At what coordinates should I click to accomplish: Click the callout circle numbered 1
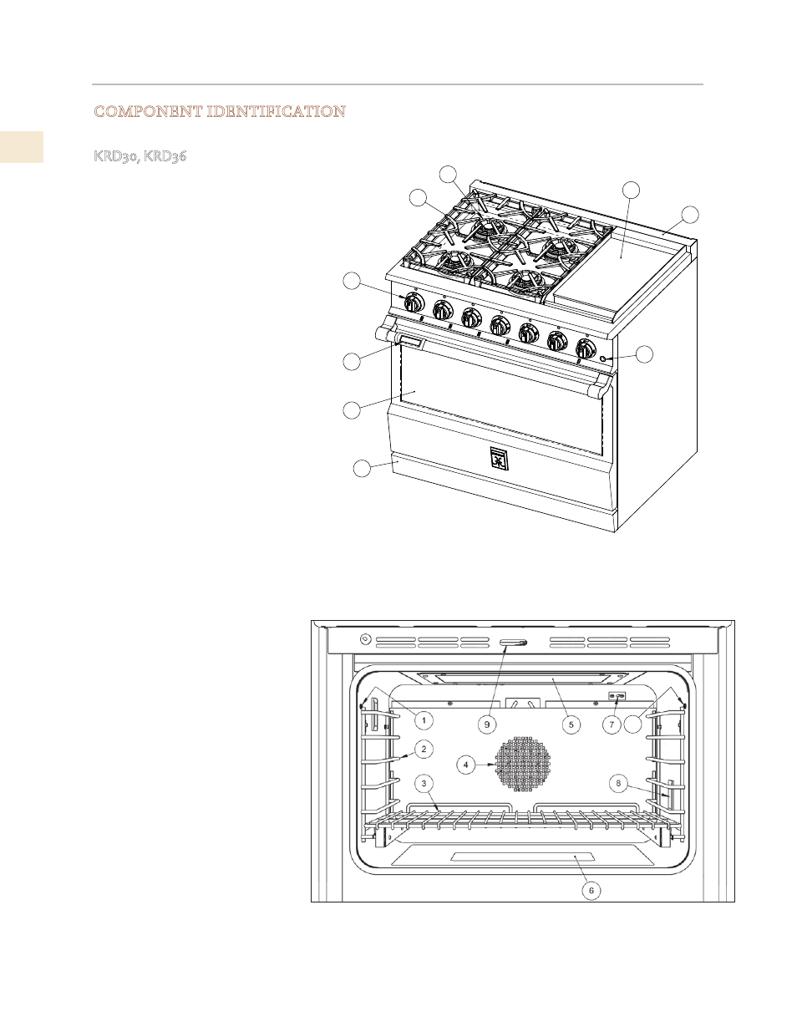(424, 720)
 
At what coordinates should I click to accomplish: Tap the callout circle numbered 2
(424, 750)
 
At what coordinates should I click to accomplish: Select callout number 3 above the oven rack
(424, 783)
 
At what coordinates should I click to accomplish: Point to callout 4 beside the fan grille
(465, 765)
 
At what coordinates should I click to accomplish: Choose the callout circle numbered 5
(571, 724)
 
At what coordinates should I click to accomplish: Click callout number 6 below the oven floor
(591, 890)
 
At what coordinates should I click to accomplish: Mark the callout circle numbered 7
(612, 724)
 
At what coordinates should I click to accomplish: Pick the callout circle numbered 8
(618, 783)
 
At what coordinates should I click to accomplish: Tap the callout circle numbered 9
(486, 724)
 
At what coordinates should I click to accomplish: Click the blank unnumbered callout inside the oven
(632, 724)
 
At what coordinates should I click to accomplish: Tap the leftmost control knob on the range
(414, 302)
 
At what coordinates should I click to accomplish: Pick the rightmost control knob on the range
(586, 349)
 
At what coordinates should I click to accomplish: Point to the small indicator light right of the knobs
(602, 358)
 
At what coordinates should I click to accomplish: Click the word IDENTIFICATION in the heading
(277, 112)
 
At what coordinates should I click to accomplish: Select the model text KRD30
(115, 155)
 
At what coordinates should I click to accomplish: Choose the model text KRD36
(165, 155)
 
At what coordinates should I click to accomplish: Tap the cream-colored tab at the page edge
(22, 147)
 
